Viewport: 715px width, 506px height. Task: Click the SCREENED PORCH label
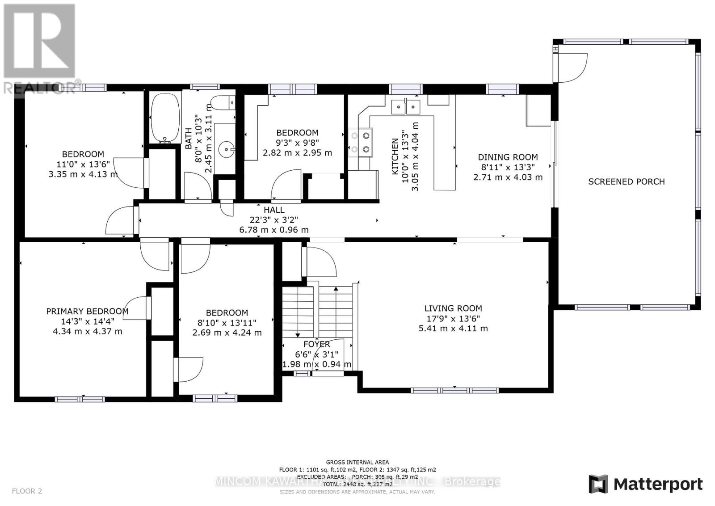point(626,181)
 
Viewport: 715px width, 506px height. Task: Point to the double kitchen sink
point(406,107)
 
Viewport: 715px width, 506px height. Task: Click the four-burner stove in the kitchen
point(361,142)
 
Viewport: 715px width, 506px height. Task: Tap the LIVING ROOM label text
point(453,308)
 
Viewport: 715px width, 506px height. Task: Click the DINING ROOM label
point(508,157)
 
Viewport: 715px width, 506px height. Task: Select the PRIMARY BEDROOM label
point(87,311)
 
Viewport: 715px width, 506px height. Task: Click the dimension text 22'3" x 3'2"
point(273,219)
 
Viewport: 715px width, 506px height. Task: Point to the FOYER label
point(316,344)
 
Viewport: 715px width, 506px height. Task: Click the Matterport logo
point(645,484)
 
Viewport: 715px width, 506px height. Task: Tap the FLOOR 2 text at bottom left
point(27,491)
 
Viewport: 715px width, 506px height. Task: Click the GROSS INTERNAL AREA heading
point(357,462)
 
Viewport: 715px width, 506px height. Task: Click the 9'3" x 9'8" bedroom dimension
point(297,143)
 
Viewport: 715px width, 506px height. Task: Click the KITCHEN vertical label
point(395,156)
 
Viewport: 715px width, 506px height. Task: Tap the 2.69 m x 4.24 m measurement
point(227,333)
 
